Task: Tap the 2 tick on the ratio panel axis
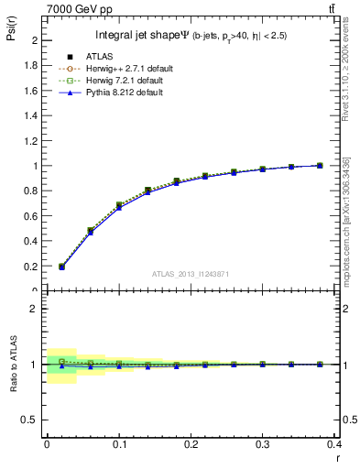pyautogui.click(x=36, y=309)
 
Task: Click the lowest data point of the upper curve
pyautogui.click(x=61, y=267)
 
